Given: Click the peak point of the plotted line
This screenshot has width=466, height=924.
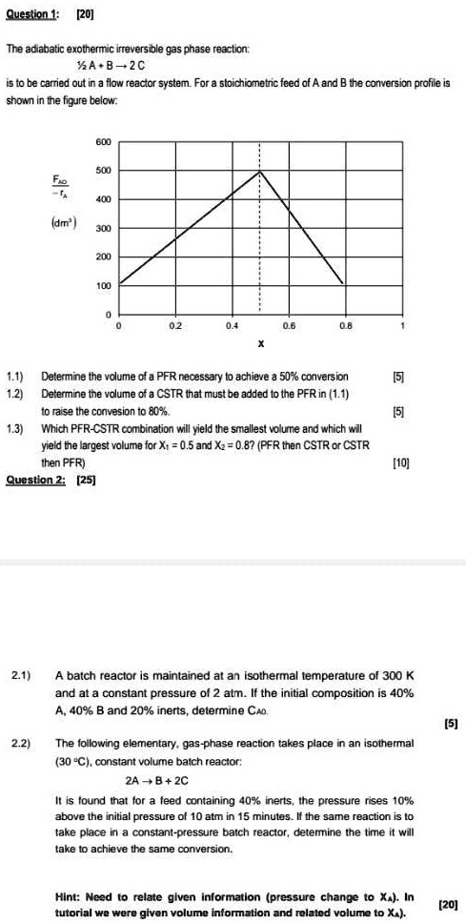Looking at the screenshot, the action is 260,172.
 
